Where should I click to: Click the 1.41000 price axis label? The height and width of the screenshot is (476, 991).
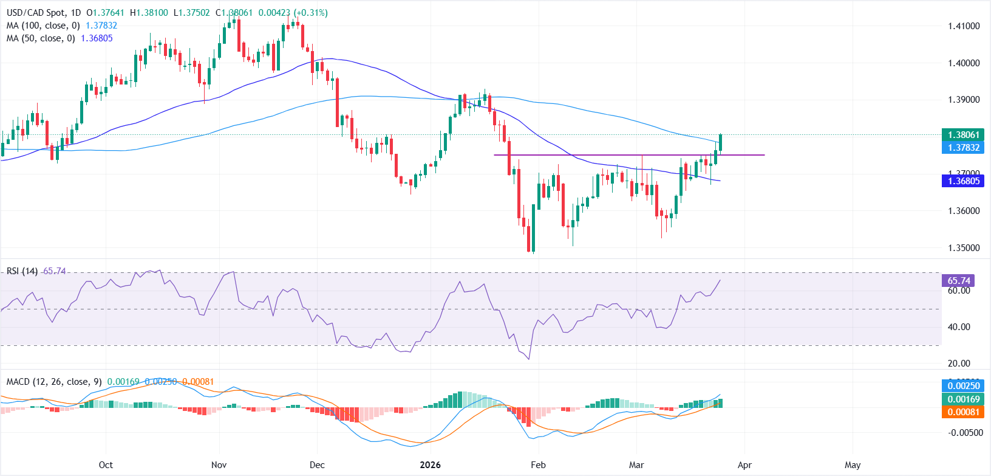coord(964,26)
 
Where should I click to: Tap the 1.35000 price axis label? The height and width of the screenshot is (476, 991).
coord(964,248)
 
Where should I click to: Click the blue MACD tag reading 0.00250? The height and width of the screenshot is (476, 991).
coord(964,386)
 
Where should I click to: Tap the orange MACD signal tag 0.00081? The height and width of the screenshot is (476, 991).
coord(964,412)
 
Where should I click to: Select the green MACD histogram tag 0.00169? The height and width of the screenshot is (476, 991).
coord(964,399)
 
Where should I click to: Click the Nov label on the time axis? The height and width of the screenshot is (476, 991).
coord(219,465)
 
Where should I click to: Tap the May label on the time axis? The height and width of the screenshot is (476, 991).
coord(853,465)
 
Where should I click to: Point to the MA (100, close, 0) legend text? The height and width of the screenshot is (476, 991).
coord(43,26)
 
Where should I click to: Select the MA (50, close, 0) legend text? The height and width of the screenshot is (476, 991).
coord(41,38)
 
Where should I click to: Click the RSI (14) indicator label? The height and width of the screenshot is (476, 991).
coord(22,271)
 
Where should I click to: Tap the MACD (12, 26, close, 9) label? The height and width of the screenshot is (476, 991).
coord(54,382)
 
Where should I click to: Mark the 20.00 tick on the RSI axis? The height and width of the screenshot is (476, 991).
coord(959,364)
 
